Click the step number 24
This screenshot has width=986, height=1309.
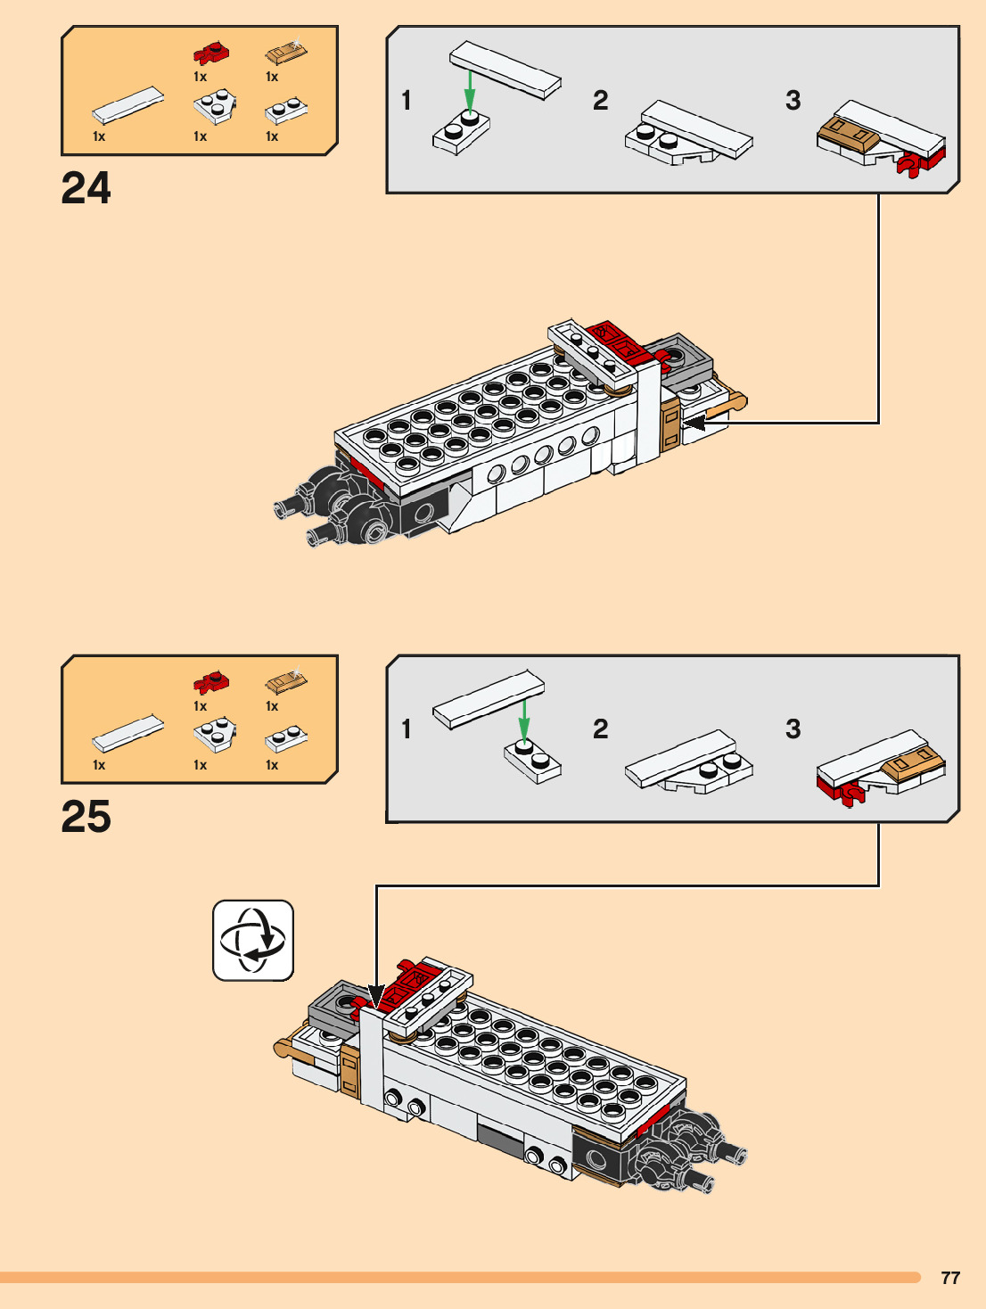pos(86,188)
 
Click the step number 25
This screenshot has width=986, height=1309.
pos(86,817)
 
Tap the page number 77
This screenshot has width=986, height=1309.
pos(950,1278)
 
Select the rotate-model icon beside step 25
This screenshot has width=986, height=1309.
pos(253,940)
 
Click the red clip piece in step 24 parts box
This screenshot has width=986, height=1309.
pos(210,54)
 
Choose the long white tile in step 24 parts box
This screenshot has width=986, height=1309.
pos(128,105)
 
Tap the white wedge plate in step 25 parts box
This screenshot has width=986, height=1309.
pos(215,734)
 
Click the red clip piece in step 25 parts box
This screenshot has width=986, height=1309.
pos(210,683)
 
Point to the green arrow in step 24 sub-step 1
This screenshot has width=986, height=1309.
pos(469,90)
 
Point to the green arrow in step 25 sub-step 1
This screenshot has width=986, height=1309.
pos(524,719)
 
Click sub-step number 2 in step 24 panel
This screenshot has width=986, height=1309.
pos(601,101)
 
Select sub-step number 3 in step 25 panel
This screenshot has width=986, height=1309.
pos(793,729)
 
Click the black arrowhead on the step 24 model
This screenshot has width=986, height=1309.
pos(694,423)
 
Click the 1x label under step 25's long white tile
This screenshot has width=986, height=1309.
pos(99,765)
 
